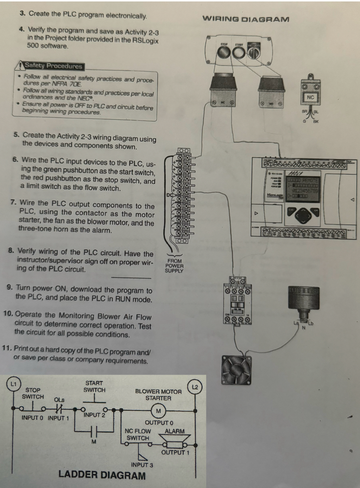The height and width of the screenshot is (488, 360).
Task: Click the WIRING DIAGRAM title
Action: coord(246,19)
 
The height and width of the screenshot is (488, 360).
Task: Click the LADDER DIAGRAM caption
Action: coord(102,475)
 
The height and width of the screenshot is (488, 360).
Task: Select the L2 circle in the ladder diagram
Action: coord(195,387)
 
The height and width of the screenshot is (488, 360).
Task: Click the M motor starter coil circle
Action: coord(158,411)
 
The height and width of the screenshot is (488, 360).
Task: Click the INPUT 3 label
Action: coord(142,465)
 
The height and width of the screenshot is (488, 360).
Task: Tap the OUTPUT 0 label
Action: coord(159,423)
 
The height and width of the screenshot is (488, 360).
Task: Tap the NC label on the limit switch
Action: coord(310,97)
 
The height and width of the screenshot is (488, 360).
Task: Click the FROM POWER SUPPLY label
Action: coord(174,266)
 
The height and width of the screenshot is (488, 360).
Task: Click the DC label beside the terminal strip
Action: coord(170,195)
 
